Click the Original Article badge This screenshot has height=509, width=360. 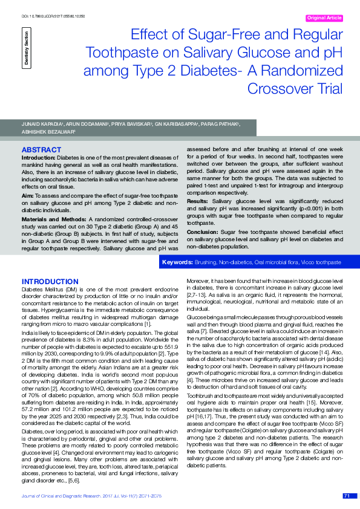tap(324, 18)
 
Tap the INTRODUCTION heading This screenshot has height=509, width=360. tap(50, 282)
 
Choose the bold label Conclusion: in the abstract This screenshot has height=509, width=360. tap(203, 232)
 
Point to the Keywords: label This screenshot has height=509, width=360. tap(177, 263)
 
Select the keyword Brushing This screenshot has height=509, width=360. tap(206, 263)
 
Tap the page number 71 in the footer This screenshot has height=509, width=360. tap(347, 496)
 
